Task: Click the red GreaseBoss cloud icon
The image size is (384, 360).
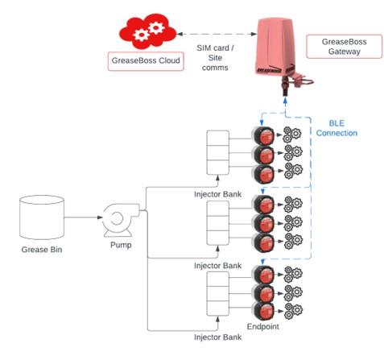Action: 148,31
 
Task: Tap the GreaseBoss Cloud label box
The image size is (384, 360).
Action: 146,61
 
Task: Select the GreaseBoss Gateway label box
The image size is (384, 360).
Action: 344,47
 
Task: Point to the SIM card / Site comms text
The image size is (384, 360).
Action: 215,58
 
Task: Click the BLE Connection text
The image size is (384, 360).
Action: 337,128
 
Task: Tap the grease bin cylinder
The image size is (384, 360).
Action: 42,217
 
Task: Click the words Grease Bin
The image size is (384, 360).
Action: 42,250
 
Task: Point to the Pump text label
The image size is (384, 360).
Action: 121,245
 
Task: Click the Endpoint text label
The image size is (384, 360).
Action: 263,326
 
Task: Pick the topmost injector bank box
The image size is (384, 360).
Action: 218,152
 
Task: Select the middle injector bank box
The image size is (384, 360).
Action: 218,223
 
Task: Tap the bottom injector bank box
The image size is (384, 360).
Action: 218,294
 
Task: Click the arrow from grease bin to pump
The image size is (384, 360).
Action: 84,217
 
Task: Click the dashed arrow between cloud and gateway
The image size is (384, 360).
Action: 217,34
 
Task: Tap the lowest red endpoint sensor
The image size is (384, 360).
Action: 263,311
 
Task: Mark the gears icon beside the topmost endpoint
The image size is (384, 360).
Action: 292,134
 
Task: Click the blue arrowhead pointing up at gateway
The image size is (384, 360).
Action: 285,101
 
